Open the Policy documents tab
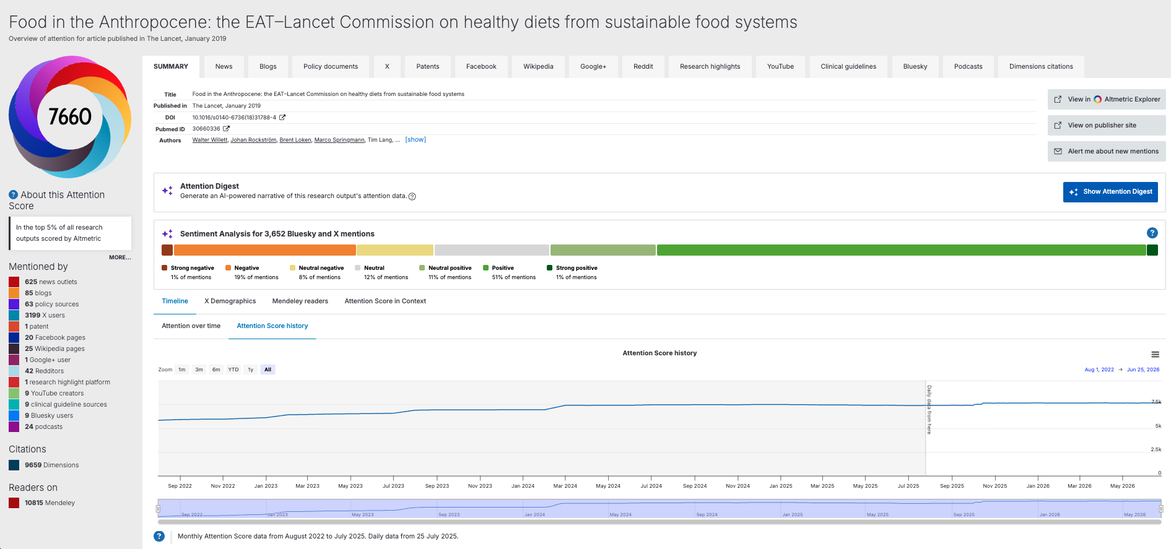point(331,67)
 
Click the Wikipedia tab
point(538,67)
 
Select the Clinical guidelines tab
point(848,67)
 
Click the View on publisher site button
point(1107,125)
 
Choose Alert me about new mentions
point(1107,151)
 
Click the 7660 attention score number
point(70,116)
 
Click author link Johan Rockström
point(253,140)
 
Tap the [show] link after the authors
point(416,140)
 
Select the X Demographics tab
point(230,301)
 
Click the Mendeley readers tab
point(300,301)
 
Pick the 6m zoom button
point(216,370)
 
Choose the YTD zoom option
point(233,370)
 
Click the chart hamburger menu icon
point(1155,355)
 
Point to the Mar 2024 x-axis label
point(565,486)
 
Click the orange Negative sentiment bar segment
point(265,250)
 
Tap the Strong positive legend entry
point(572,272)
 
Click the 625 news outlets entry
point(51,282)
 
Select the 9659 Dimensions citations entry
point(51,465)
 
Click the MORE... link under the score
point(120,257)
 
